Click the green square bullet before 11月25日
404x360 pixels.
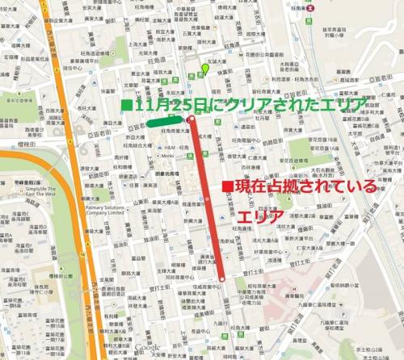[126, 105]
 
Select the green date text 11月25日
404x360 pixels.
[166, 106]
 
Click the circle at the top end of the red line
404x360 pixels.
[191, 120]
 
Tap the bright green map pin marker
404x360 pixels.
[205, 69]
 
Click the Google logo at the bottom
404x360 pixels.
[144, 349]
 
